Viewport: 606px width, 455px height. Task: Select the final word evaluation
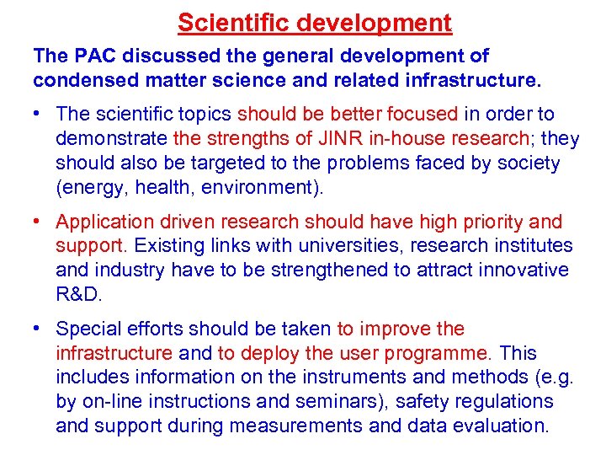[x=503, y=426]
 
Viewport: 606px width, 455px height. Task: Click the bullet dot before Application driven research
[x=39, y=222]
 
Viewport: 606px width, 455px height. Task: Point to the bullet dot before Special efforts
[x=39, y=329]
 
